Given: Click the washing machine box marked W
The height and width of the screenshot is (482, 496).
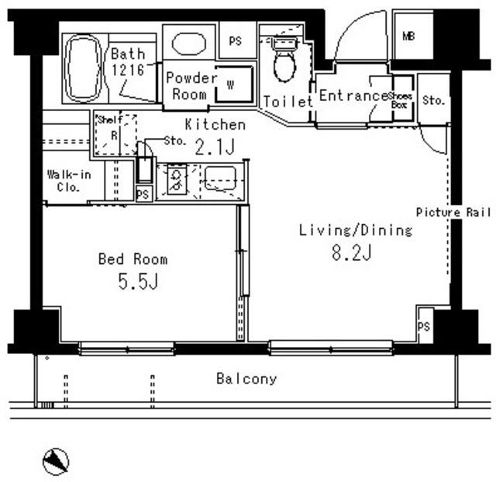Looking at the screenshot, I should pyautogui.click(x=229, y=83).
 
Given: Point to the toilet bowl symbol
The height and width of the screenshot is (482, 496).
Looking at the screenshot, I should pyautogui.click(x=284, y=63).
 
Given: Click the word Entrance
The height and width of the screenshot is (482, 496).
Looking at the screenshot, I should pyautogui.click(x=353, y=96).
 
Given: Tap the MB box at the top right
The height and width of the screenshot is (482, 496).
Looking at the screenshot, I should pyautogui.click(x=408, y=36).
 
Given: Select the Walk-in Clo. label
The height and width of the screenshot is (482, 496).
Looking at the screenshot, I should pyautogui.click(x=69, y=180).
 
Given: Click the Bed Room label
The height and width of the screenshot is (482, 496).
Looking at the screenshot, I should pyautogui.click(x=132, y=259).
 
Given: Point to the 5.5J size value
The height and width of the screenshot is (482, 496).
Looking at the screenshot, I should pyautogui.click(x=138, y=283).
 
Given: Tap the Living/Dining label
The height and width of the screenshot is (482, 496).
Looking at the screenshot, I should pyautogui.click(x=345, y=230).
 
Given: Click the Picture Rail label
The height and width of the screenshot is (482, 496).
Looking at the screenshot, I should pyautogui.click(x=454, y=212).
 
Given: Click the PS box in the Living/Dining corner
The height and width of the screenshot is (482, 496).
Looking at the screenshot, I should pyautogui.click(x=423, y=326).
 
